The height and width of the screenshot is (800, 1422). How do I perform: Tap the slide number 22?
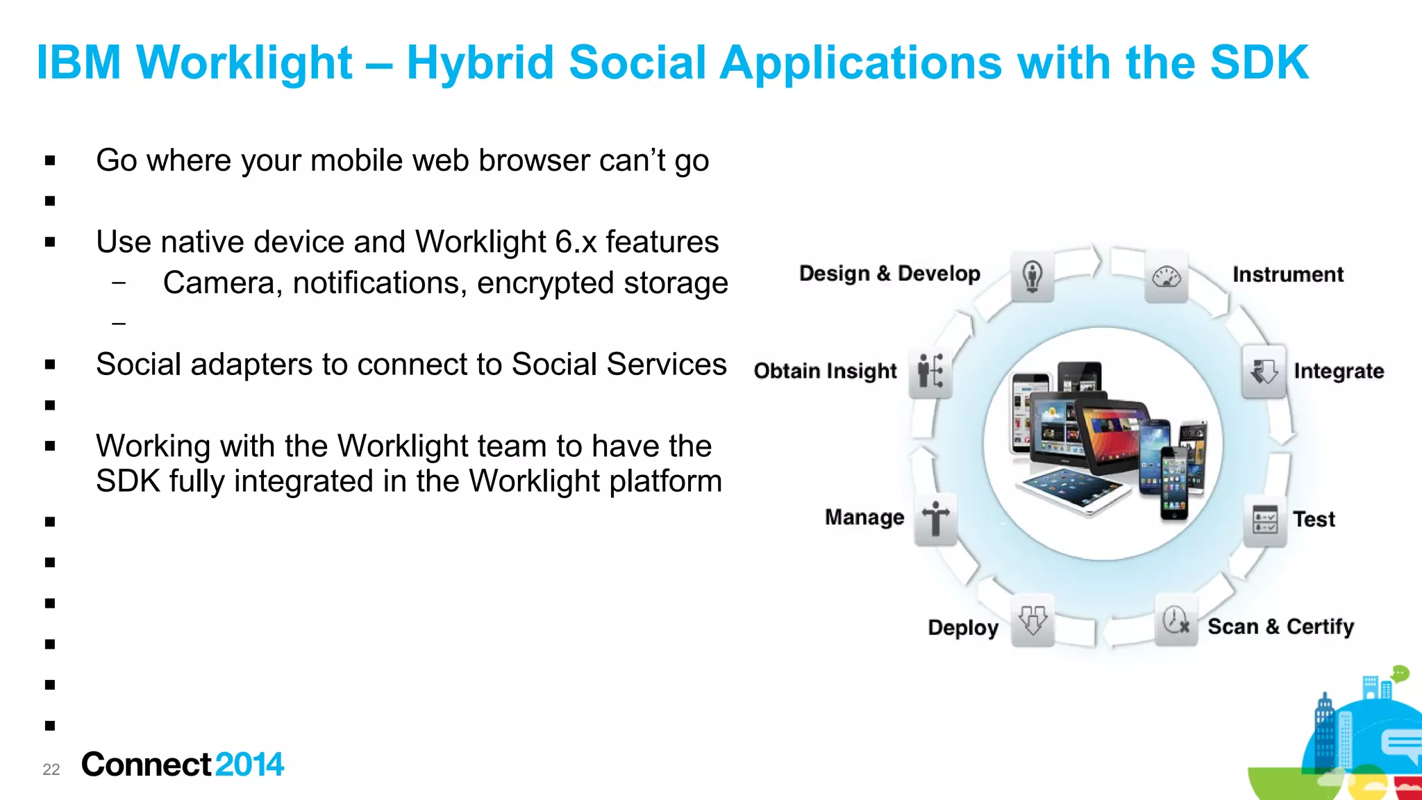pos(51,769)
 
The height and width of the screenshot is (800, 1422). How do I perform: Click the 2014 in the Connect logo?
pos(249,765)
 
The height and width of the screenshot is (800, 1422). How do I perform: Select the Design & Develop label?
pos(889,274)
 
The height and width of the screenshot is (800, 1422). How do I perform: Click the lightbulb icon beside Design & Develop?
pos(1032,277)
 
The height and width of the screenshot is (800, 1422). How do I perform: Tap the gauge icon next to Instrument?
pos(1166,278)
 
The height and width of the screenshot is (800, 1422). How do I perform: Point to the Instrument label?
pos(1288,274)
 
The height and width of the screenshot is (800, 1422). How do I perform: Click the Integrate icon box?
pos(1264,372)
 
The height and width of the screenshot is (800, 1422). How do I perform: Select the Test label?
pos(1314,519)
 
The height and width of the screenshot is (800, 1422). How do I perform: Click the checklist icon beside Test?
pos(1264,520)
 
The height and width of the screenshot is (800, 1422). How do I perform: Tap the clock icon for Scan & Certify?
pos(1176,620)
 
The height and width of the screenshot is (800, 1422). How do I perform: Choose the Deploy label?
pos(963,628)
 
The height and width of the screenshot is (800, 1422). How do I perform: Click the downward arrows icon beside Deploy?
pos(1032,620)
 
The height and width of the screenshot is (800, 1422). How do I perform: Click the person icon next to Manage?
pos(935,519)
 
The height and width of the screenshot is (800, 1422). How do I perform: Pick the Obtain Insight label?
pos(826,372)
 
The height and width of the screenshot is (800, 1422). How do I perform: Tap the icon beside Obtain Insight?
pos(930,372)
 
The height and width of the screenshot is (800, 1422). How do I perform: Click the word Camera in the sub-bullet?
pos(219,283)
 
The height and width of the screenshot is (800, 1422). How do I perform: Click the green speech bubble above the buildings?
pos(1400,673)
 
